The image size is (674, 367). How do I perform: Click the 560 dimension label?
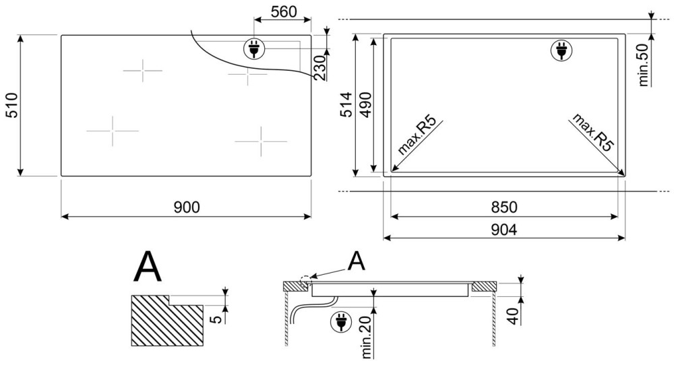pos(284,12)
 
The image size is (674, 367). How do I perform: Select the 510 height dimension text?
pos(11,105)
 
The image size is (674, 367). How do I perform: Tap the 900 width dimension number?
pos(187,207)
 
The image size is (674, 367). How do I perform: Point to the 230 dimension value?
pos(319,68)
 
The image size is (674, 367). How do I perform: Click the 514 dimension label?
pos(346,104)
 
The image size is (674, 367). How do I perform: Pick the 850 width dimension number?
pos(504,207)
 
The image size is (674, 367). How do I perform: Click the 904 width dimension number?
pos(503,230)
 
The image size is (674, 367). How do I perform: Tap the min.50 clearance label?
pos(644,64)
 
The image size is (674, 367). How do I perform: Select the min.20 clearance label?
pos(367,336)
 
